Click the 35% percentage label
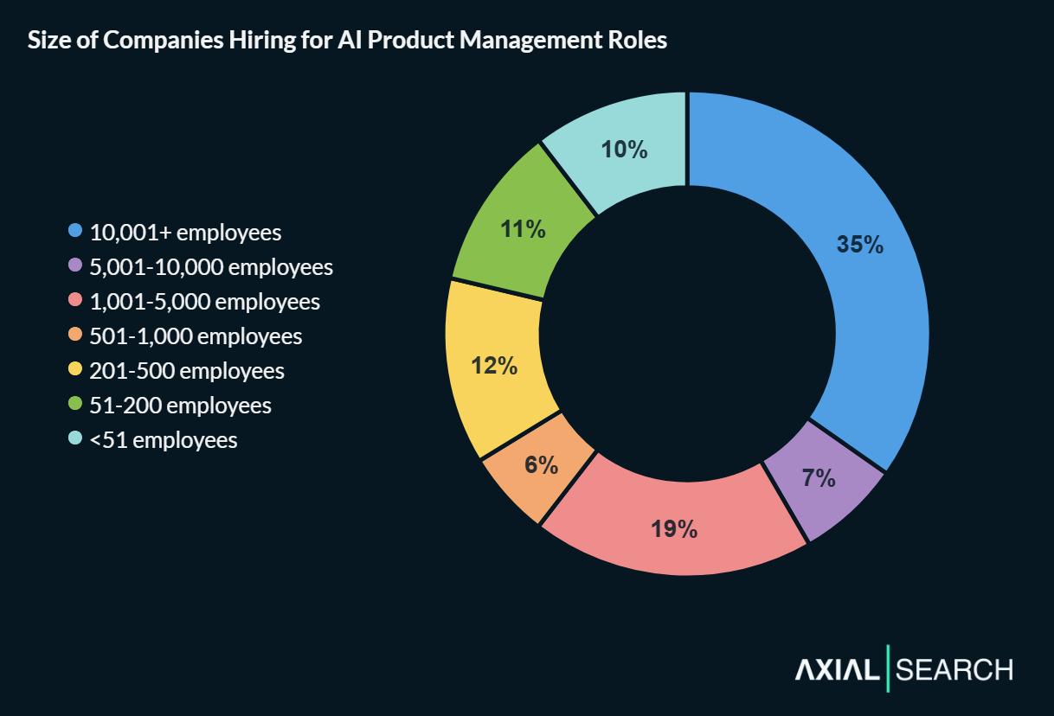pos(859,245)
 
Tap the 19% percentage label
pos(674,529)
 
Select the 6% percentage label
pos(541,464)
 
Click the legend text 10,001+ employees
pos(185,233)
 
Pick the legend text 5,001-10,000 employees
pos(211,267)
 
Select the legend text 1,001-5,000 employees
pos(204,302)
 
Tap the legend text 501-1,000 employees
pos(196,336)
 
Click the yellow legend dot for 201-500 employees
pos(75,370)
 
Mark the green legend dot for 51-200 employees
pos(75,405)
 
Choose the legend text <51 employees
pos(163,440)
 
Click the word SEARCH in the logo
pos(954,669)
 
